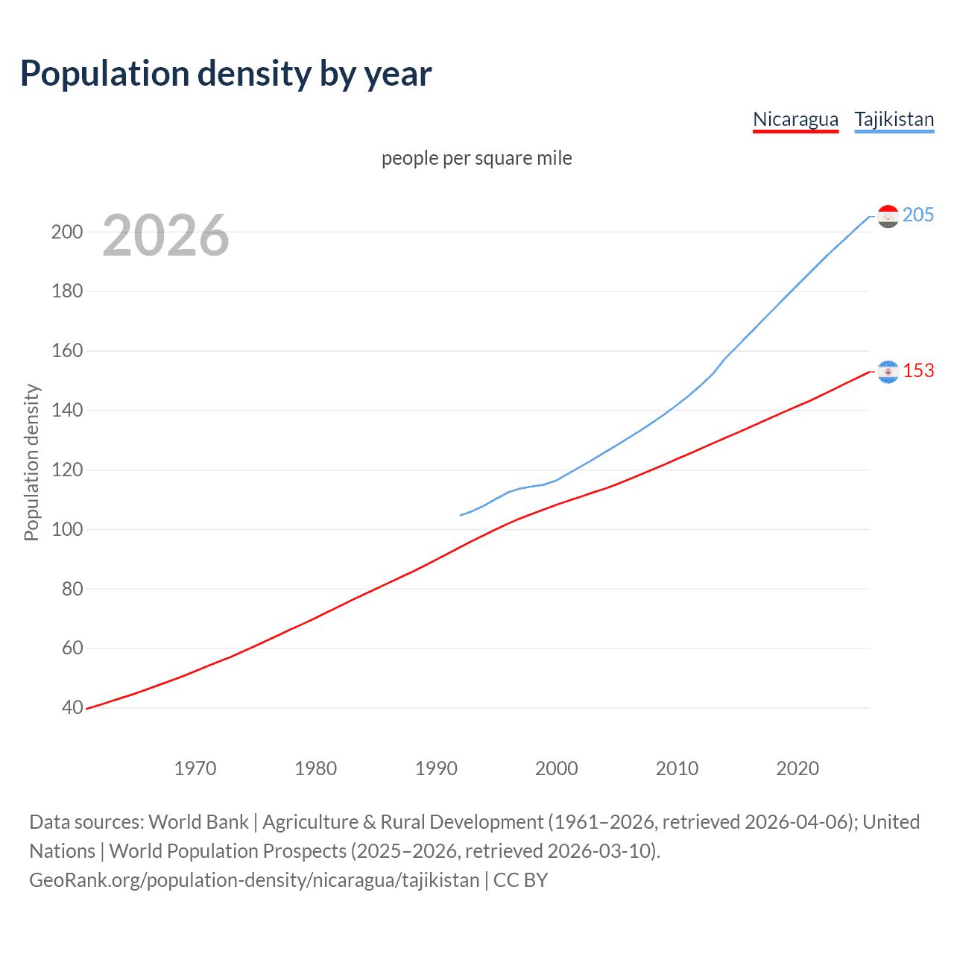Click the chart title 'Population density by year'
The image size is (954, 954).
(x=226, y=74)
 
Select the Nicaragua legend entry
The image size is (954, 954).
(x=795, y=120)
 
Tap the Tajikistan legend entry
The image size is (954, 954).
(x=894, y=120)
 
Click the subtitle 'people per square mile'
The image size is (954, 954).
(x=476, y=158)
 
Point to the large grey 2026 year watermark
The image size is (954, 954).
(x=165, y=236)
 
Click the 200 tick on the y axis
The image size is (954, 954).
(x=67, y=232)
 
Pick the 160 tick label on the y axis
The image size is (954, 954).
(x=67, y=350)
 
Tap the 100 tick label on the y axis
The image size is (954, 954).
(x=67, y=529)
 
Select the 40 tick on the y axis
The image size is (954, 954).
(x=72, y=707)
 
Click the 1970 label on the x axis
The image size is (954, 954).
(x=195, y=768)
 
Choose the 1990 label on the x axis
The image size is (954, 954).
(x=436, y=768)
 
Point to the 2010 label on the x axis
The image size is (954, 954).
(x=677, y=768)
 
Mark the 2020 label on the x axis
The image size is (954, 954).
(x=797, y=768)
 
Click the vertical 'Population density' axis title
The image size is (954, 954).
(x=31, y=462)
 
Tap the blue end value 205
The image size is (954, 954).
(x=917, y=215)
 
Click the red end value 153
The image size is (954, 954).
(x=918, y=371)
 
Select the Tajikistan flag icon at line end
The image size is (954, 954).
(x=888, y=216)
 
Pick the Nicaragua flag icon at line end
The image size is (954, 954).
(x=888, y=371)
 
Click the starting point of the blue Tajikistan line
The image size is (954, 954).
(x=461, y=515)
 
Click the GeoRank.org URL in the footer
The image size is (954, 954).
(x=254, y=880)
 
